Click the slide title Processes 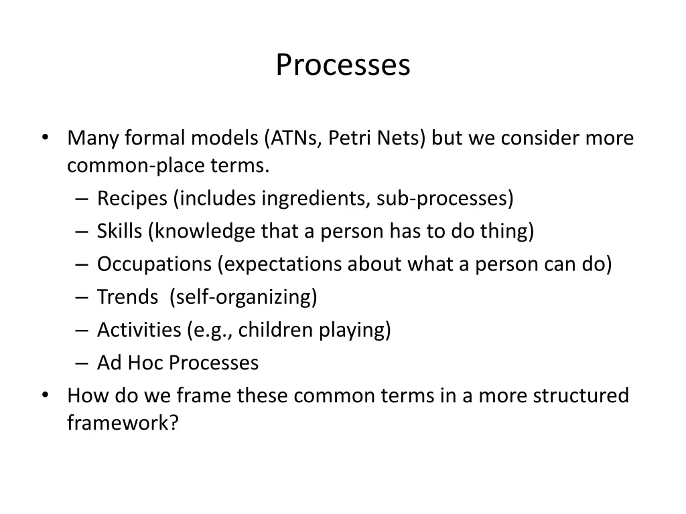(342, 66)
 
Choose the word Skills (119, 232)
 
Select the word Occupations (154, 264)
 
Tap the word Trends (127, 297)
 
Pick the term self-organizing (244, 297)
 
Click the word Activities (139, 330)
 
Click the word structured (581, 396)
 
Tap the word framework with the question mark (123, 424)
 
